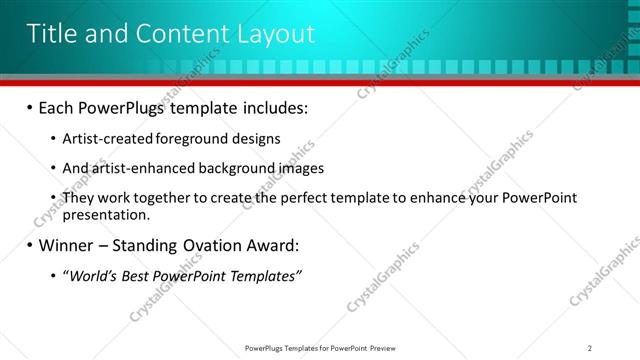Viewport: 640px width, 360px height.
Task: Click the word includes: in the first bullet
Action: (x=277, y=108)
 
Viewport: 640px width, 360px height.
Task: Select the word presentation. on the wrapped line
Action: (x=106, y=214)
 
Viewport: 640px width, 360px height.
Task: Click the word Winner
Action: (x=70, y=245)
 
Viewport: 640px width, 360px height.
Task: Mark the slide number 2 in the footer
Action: (x=590, y=347)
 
